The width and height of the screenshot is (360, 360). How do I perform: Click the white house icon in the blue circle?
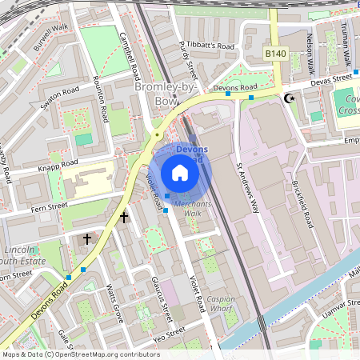(180, 172)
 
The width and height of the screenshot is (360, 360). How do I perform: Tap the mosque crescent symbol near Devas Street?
(290, 98)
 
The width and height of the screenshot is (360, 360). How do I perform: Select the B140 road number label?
(275, 53)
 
